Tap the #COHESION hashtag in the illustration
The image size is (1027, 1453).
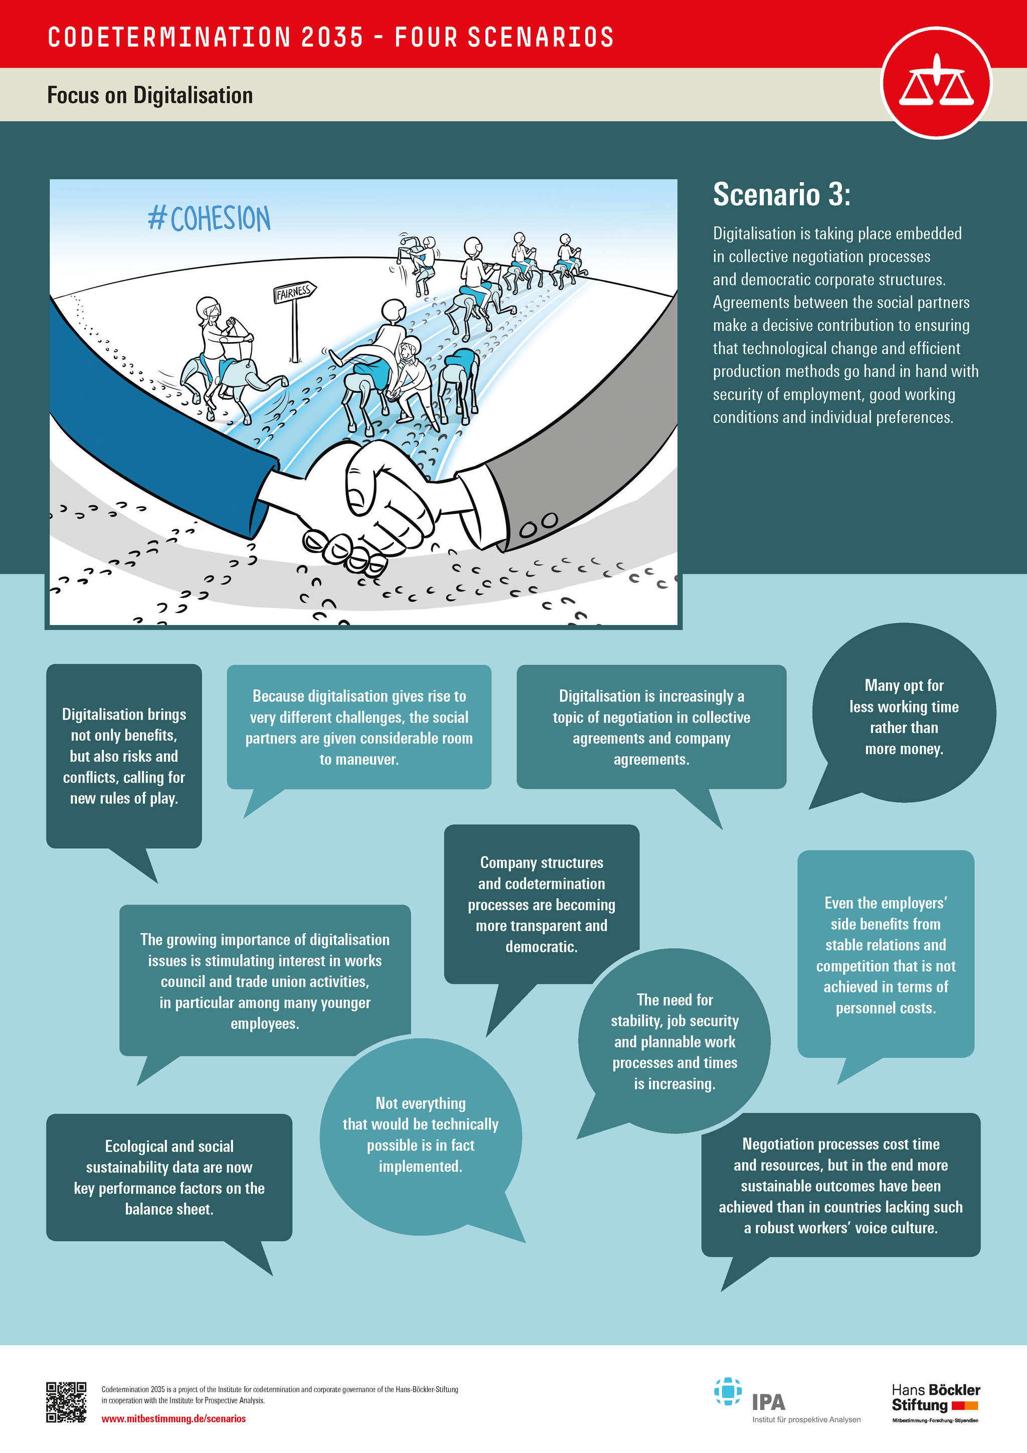[x=209, y=218]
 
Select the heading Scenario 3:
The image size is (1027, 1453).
[x=782, y=194]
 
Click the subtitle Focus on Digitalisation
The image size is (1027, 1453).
[x=150, y=95]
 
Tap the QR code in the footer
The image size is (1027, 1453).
[x=66, y=1402]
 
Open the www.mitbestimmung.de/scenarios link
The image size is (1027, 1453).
[x=174, y=1419]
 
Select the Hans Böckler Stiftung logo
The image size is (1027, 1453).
[x=935, y=1402]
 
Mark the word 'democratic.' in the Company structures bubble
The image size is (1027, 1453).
[x=541, y=947]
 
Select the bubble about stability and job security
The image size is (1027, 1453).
[x=675, y=1041]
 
